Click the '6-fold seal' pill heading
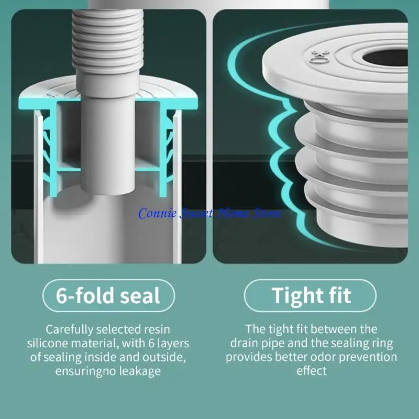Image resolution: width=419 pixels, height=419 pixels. [x=108, y=295]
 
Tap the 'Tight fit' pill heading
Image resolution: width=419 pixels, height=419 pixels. [x=311, y=295]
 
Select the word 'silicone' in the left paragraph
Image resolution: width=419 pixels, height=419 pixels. [x=50, y=344]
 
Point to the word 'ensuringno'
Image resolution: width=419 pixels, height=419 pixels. [x=81, y=371]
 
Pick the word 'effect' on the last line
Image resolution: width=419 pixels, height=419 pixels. [x=312, y=371]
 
